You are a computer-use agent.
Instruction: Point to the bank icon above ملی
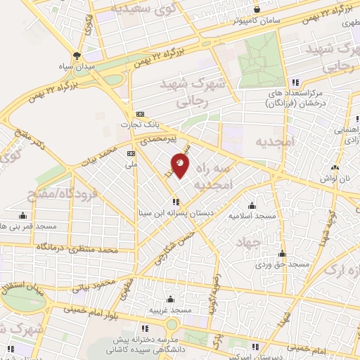coord(131,154)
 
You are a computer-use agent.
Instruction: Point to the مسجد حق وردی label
coord(283,264)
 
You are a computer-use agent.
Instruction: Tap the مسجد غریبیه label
coord(169,310)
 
